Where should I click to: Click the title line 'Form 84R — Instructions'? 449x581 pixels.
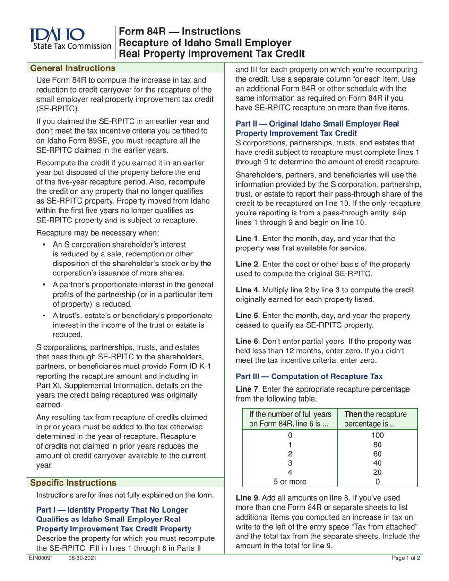point(179,32)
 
